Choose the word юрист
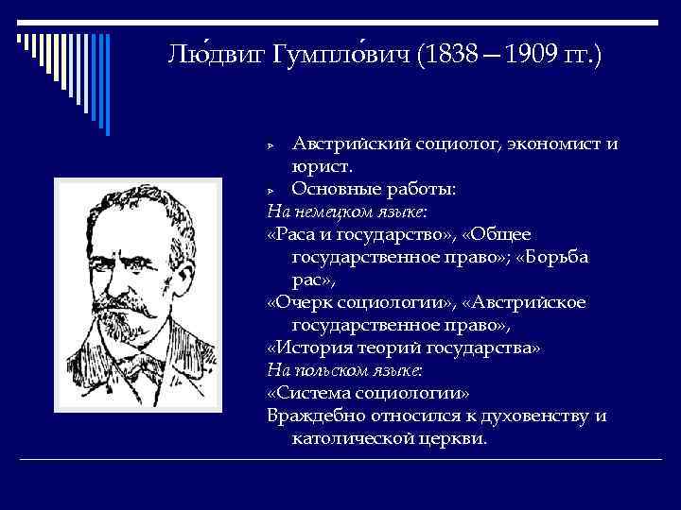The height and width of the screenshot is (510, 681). click(322, 167)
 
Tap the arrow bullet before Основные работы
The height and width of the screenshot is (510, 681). click(271, 191)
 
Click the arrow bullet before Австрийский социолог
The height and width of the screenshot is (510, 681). click(271, 145)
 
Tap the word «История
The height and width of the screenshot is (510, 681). click(308, 348)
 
